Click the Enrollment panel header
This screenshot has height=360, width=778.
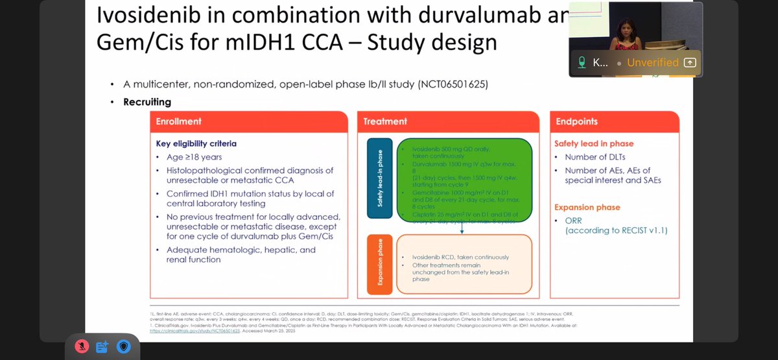[x=179, y=121]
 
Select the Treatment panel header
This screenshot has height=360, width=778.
[x=385, y=121]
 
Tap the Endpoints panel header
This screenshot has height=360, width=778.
[x=576, y=121]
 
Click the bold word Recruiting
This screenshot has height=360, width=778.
[x=147, y=102]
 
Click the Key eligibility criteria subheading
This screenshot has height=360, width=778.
[x=196, y=143]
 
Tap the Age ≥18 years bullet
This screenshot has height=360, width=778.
[x=194, y=158]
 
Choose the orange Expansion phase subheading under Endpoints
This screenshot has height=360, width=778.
[x=592, y=207]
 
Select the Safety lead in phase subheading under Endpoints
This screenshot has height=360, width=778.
[x=593, y=143]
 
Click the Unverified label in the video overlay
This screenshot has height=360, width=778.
[x=653, y=63]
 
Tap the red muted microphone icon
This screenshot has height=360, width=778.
[x=82, y=346]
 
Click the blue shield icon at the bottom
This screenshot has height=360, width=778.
[x=123, y=346]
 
